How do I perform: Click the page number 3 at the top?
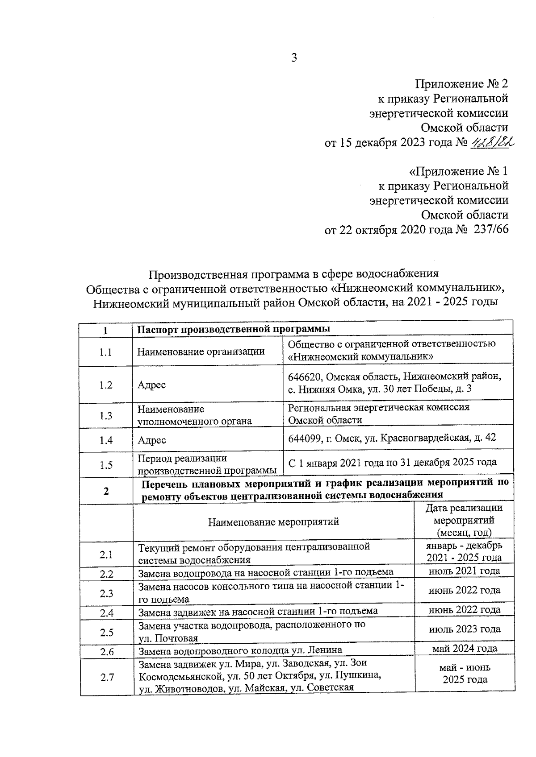[294, 58]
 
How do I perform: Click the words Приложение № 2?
[462, 84]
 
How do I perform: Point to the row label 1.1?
[106, 352]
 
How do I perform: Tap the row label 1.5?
[106, 465]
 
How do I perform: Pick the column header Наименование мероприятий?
[273, 521]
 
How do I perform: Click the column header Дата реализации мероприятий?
[464, 520]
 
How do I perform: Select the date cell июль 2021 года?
[464, 571]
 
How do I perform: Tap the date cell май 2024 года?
[464, 649]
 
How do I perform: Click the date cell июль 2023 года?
[464, 629]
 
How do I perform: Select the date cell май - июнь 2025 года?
[465, 674]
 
